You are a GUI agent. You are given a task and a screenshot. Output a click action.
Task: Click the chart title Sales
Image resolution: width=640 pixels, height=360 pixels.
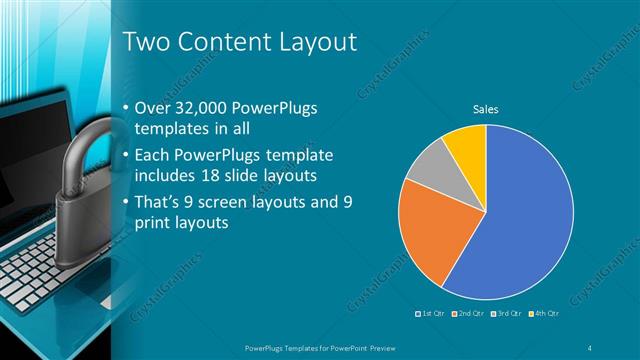[486, 109]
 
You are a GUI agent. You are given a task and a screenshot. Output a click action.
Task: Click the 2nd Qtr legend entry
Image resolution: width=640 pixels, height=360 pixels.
[469, 314]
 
